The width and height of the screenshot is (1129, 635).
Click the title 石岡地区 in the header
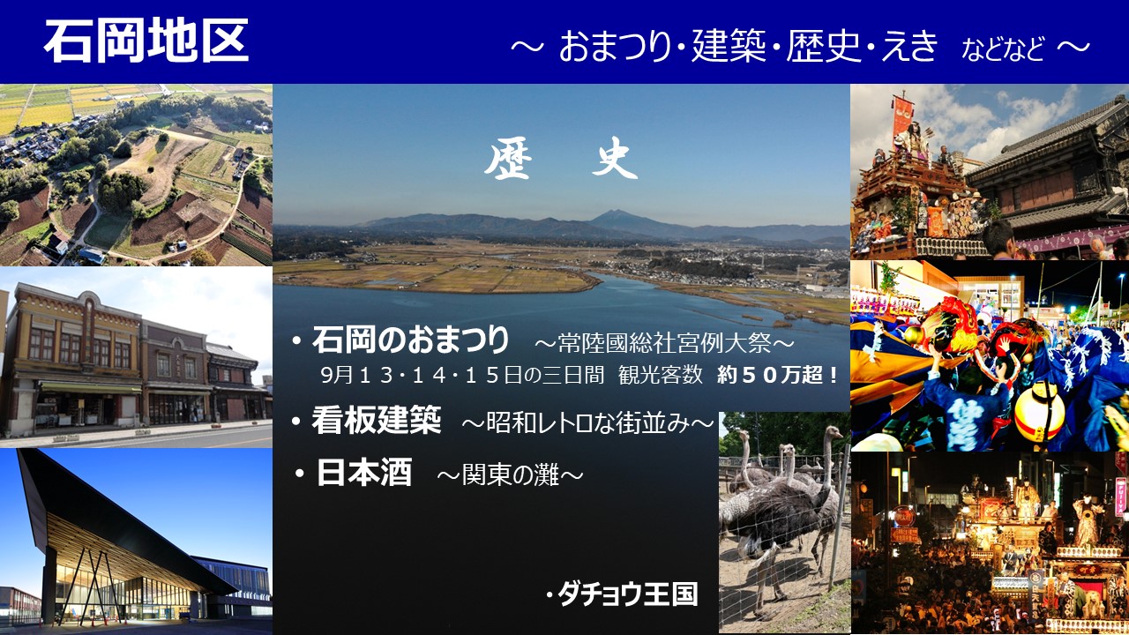coord(146,41)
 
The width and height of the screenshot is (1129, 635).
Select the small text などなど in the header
coord(1003,49)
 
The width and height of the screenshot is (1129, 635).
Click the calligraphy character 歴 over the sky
coord(508,159)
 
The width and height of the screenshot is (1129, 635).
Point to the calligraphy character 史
coord(615,158)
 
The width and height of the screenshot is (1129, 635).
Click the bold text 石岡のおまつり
coord(411,340)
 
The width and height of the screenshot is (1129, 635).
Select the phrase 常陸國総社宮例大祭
coord(664,343)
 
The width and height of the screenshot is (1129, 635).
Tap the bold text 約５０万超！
coord(778,375)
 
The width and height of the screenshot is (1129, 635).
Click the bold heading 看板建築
coord(377,419)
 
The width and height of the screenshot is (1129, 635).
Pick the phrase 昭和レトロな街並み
coord(587,423)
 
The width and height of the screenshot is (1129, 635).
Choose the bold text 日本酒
coord(364,472)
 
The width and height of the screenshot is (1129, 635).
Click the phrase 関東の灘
coord(510,475)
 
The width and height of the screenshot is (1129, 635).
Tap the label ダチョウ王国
coord(628,594)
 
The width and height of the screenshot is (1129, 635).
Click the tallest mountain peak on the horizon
coord(613,213)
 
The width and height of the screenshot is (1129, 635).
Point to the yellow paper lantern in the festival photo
coord(1039,413)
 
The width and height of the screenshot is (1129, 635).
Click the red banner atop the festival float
coord(902,116)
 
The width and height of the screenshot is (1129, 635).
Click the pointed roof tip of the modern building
coord(19,450)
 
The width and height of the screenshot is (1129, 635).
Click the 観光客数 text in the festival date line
coord(661,375)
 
